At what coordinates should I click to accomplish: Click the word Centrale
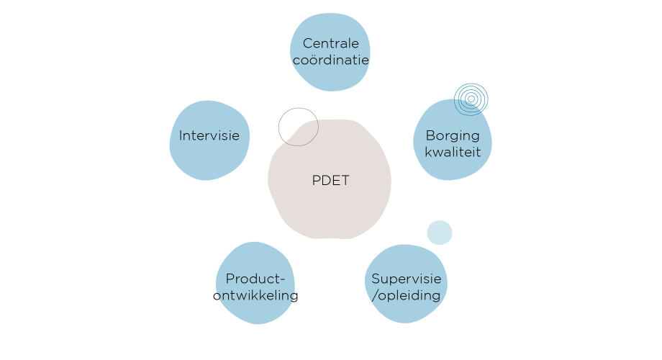tap(331, 43)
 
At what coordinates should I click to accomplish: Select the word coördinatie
tap(331, 60)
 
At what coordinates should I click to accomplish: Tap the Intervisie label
tap(209, 135)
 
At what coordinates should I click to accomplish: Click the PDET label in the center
tap(330, 181)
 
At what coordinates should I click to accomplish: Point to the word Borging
tap(453, 135)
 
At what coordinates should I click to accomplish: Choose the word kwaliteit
tap(453, 152)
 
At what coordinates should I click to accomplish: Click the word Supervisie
tap(406, 279)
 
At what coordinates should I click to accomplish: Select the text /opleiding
tap(406, 295)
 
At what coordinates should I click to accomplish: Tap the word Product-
tap(255, 279)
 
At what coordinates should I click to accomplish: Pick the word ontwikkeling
tap(258, 295)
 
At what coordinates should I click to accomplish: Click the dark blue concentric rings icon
tap(471, 99)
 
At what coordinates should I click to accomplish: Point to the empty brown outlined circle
tap(297, 127)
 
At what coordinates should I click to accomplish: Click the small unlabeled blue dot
tap(439, 233)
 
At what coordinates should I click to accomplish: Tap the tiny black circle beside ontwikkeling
tap(217, 296)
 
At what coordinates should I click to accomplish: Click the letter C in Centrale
tap(307, 43)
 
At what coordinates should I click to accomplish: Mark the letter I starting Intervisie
tap(181, 135)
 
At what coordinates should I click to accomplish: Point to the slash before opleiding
tap(374, 295)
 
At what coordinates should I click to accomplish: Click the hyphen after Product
tap(282, 279)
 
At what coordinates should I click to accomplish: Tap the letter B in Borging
tap(430, 135)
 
